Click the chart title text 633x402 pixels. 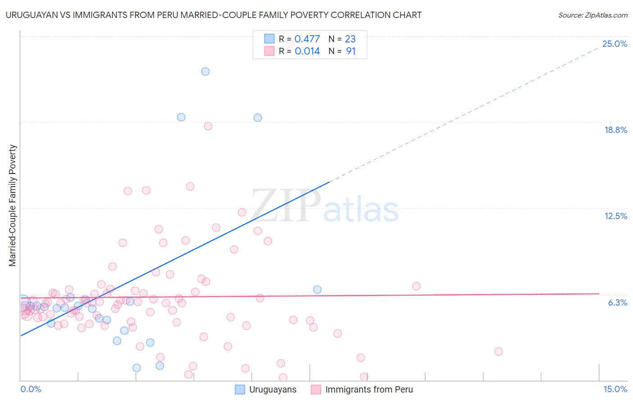coord(213,15)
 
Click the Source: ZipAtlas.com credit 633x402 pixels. coord(592,15)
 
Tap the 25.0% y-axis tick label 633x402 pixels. coord(615,44)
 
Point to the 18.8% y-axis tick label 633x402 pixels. coord(615,130)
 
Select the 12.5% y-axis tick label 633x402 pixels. coord(615,216)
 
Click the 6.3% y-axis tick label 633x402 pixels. coord(617,302)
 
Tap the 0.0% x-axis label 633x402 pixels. coord(31,389)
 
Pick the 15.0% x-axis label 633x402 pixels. coord(615,389)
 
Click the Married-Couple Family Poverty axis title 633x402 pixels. coord(13,206)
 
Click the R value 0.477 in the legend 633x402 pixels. coord(307,39)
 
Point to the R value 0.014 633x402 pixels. coord(307,51)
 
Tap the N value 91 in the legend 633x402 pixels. coord(351,51)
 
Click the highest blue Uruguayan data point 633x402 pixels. coord(205,71)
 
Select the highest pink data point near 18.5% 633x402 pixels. coord(208,126)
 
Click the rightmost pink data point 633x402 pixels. coord(498,352)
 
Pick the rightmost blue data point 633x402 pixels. coord(317,289)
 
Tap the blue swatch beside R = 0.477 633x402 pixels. coord(269,39)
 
